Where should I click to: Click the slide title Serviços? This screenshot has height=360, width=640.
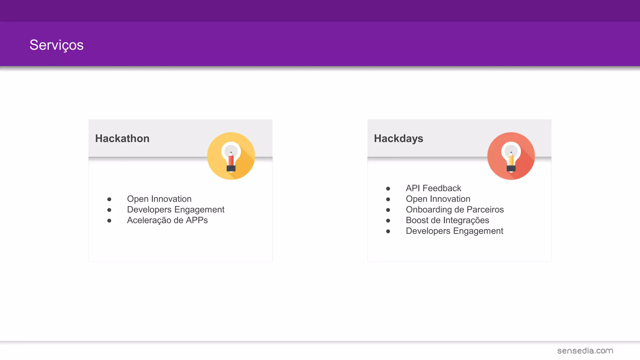57,45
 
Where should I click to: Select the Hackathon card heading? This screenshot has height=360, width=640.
122,138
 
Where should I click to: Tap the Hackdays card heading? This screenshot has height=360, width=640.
398,138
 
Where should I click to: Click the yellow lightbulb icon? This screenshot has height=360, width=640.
231,156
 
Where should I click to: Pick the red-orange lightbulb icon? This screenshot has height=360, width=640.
511,156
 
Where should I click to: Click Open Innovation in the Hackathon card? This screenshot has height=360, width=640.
159,199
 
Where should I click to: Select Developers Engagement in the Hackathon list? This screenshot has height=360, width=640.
176,210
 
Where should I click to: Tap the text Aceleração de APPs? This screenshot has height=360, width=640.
167,220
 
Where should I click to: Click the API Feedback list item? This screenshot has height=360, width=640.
433,188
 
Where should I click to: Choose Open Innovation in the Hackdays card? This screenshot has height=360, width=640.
438,199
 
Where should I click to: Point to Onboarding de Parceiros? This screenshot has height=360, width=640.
455,210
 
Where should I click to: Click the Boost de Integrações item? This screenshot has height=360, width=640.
447,220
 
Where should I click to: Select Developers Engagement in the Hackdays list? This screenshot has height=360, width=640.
454,231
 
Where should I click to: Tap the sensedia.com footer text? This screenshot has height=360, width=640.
585,351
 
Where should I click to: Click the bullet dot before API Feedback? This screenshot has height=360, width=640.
388,189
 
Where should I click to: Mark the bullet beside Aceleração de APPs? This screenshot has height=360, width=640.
109,221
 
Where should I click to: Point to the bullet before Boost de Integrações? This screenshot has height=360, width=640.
388,221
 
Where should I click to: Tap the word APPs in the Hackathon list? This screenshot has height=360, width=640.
197,220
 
